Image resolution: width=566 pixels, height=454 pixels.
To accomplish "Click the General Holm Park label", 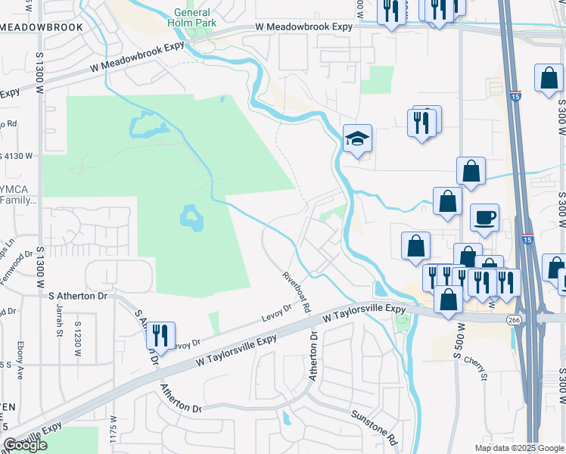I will (x=195, y=17).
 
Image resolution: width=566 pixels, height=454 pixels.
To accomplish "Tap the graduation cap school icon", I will (x=357, y=138).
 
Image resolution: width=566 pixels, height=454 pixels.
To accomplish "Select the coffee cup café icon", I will (x=484, y=218).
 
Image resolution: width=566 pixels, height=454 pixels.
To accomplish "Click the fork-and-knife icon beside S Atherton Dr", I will (x=160, y=335).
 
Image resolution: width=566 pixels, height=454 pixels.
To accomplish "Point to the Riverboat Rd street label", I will (x=296, y=292).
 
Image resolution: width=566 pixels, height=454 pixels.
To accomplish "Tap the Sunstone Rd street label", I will (x=374, y=427).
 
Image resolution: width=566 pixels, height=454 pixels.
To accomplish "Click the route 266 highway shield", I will (x=514, y=320).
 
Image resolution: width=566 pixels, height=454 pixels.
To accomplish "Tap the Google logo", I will (x=25, y=445).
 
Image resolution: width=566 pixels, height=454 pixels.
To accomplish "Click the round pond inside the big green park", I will (x=190, y=218).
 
